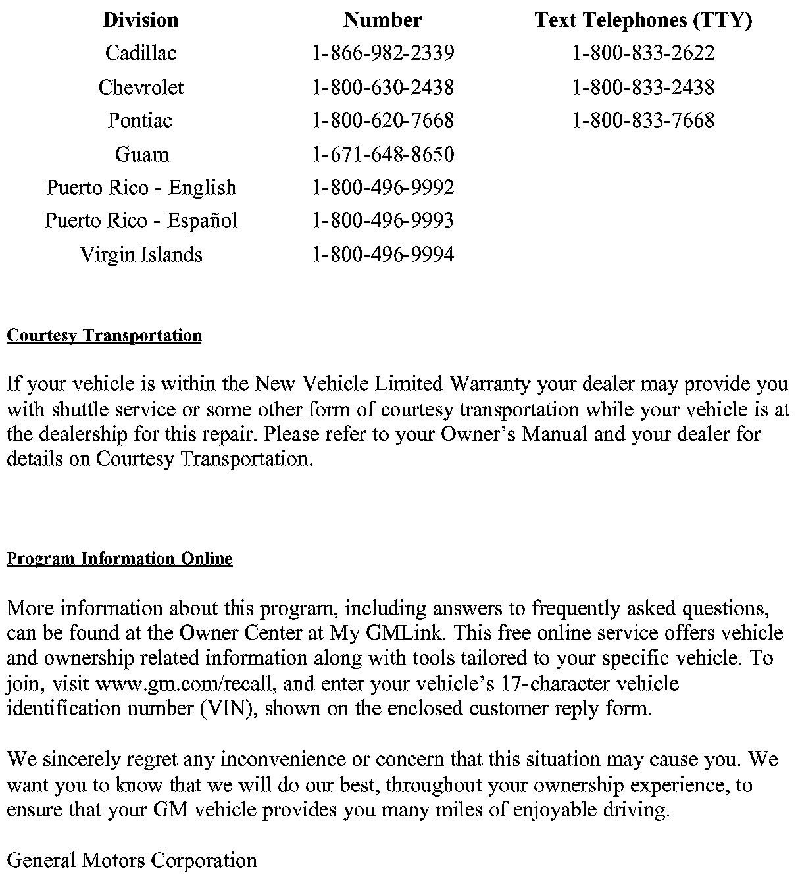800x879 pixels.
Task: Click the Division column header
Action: point(141,20)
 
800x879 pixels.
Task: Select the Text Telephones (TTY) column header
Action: point(643,20)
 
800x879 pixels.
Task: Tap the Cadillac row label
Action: point(141,53)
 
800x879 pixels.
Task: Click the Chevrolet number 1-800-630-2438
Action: point(383,87)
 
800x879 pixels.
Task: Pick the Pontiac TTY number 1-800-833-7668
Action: point(643,120)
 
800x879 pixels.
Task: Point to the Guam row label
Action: point(141,155)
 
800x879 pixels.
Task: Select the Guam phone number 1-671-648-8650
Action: point(383,155)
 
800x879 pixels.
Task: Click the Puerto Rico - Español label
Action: point(141,220)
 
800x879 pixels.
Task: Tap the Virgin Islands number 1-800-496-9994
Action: point(383,254)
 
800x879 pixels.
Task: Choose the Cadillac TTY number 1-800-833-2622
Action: point(643,53)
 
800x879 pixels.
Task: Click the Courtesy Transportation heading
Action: point(104,336)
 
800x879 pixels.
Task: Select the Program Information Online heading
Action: point(120,559)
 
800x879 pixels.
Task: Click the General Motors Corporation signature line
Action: point(132,860)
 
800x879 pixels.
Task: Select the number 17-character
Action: point(549,684)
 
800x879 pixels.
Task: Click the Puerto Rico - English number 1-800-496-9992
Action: point(383,188)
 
